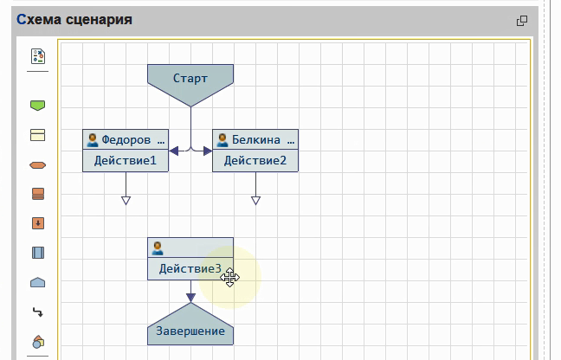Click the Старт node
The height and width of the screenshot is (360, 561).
[190, 79]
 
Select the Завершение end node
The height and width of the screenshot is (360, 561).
[190, 331]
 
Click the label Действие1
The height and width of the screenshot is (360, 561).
[126, 160]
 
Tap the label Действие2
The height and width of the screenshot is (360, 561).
[255, 160]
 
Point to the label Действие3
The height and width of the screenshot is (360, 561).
[190, 269]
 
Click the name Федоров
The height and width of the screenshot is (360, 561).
[126, 139]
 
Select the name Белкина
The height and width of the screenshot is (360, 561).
[255, 139]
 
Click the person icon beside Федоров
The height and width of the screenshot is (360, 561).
[92, 139]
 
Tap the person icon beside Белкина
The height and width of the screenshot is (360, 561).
[222, 139]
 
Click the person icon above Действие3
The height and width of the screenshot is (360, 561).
[158, 247]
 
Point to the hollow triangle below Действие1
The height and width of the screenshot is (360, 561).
[126, 201]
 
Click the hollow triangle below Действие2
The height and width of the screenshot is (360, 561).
[255, 201]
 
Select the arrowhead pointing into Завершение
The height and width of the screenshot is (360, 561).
[190, 297]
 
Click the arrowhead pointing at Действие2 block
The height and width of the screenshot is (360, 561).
[207, 151]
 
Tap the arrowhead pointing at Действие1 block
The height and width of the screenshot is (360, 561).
[174, 151]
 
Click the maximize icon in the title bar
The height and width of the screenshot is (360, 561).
[521, 21]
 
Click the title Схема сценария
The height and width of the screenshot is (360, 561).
[74, 19]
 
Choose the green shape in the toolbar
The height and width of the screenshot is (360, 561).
[37, 106]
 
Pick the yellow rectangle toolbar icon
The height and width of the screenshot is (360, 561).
[37, 135]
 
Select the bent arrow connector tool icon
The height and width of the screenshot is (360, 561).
[37, 312]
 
